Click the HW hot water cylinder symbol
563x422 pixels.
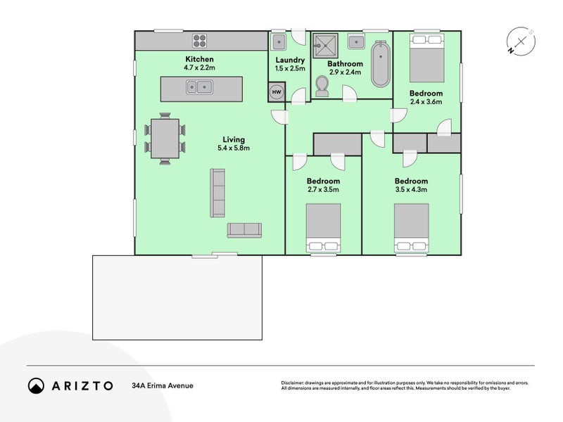pos(277,92)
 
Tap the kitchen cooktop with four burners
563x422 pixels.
pos(200,41)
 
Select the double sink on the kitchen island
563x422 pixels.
pos(199,87)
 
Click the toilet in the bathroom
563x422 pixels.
pos(322,87)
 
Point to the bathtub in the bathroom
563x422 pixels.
pos(380,64)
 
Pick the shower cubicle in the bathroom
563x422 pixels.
pos(325,46)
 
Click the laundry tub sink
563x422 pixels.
pos(279,42)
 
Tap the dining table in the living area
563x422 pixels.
pos(165,139)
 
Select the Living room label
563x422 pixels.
pos(234,139)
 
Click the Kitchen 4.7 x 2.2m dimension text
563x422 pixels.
pos(200,68)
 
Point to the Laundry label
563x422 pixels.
pos(290,60)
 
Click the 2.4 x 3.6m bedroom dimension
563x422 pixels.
pos(426,101)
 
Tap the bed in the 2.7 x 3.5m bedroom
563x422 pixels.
pos(323,228)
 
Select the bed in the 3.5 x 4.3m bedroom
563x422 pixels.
pos(412,228)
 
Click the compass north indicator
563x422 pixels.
pos(510,51)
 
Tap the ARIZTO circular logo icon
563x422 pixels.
pos(37,385)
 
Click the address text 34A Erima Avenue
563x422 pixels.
pos(163,385)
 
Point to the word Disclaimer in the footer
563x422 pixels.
pos(292,383)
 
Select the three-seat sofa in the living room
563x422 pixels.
pos(217,193)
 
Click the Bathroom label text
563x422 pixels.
pos(345,64)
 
